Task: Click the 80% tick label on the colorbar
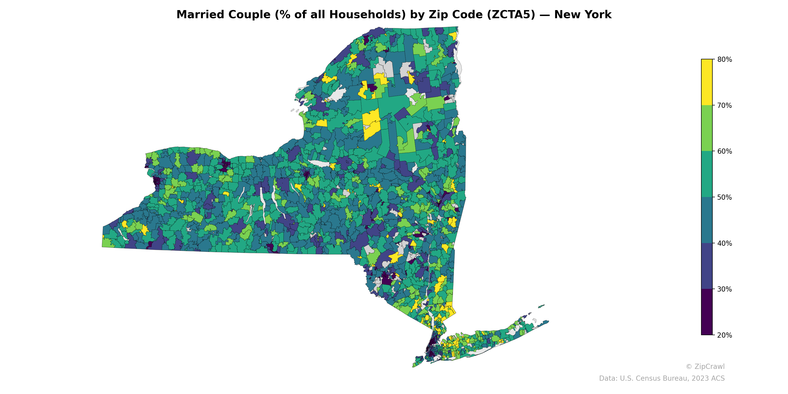pos(724,60)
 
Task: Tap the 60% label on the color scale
pos(724,151)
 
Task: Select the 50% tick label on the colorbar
pos(724,197)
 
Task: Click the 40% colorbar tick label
pos(724,244)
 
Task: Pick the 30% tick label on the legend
pos(724,289)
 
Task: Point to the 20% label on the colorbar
pos(724,335)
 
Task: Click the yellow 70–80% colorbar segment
pos(707,82)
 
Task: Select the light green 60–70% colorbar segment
pos(707,128)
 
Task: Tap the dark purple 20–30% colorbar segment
pos(707,312)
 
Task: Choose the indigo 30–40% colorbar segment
pos(707,266)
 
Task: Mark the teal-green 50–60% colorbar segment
pos(707,174)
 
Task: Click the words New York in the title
pos(583,15)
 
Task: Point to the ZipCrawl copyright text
pos(705,366)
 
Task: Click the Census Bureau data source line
pos(662,378)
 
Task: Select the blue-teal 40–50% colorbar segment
pos(707,220)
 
